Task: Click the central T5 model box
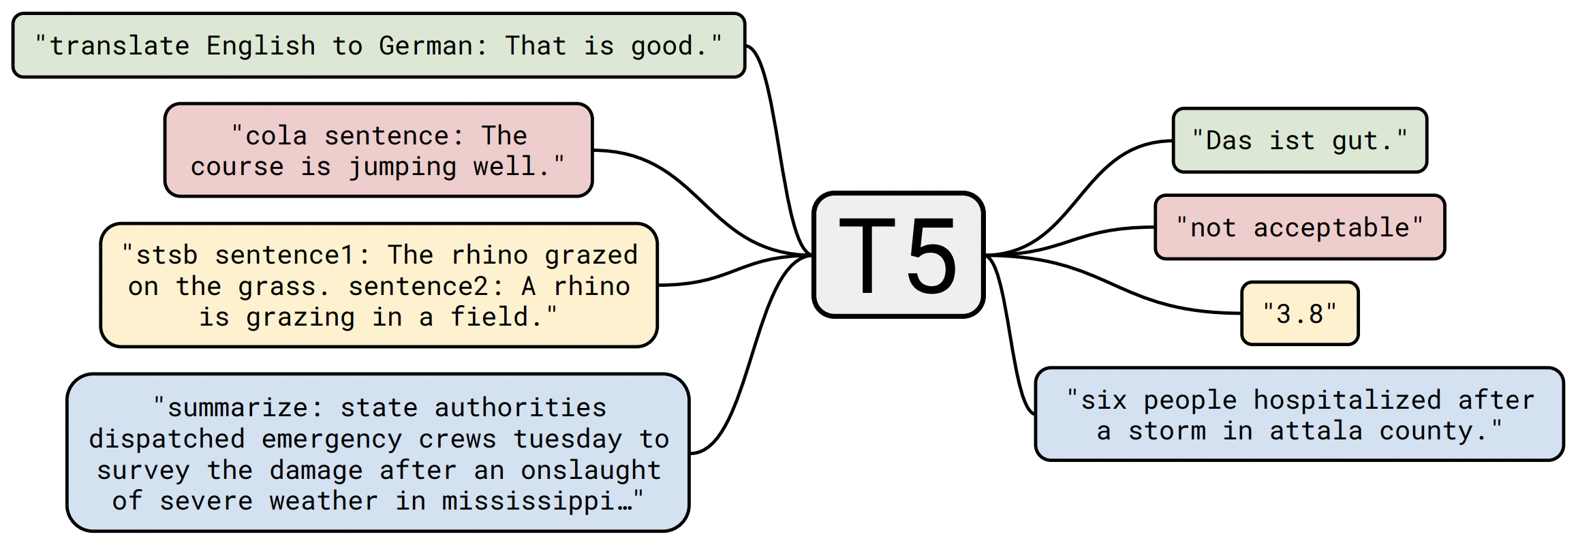[x=899, y=255]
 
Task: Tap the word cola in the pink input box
[x=276, y=136]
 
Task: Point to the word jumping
[x=402, y=167]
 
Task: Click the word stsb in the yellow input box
[x=167, y=255]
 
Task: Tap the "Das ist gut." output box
[x=1299, y=140]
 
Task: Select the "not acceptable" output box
[x=1299, y=228]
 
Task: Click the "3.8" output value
[x=1299, y=313]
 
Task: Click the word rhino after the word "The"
[x=489, y=255]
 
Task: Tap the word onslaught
[x=591, y=470]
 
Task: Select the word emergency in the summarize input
[x=332, y=439]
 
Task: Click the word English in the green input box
[x=261, y=46]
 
